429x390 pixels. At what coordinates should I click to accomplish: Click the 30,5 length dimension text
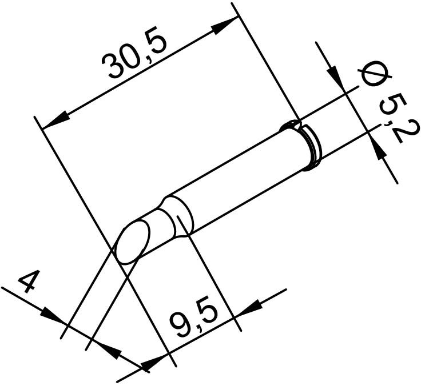[134, 52]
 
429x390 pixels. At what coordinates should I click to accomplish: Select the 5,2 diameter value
[398, 118]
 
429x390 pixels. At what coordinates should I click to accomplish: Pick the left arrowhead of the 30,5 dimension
[55, 120]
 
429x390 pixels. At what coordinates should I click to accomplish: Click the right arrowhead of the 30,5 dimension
[225, 26]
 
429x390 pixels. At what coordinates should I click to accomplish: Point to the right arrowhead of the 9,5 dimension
[248, 307]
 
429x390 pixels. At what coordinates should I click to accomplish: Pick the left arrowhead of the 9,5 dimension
[154, 363]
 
